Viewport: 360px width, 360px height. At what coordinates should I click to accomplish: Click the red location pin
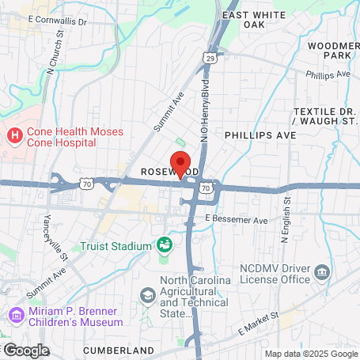pyautogui.click(x=180, y=163)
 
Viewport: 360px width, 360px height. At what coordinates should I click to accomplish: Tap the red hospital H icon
pyautogui.click(x=14, y=136)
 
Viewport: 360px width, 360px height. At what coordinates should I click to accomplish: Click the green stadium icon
pyautogui.click(x=165, y=244)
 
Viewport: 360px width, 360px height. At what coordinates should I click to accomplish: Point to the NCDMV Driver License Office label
pyautogui.click(x=274, y=273)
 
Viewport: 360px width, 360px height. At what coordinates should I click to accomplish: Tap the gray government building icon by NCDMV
pyautogui.click(x=322, y=274)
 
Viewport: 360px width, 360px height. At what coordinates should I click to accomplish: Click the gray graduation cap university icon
pyautogui.click(x=146, y=295)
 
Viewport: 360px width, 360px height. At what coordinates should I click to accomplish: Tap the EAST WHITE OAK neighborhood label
pyautogui.click(x=252, y=19)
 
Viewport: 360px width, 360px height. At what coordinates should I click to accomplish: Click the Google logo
pyautogui.click(x=25, y=350)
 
